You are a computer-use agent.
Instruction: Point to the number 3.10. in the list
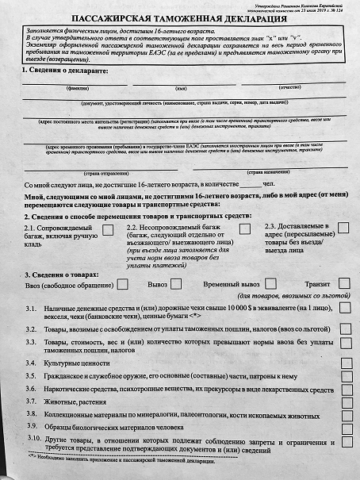[x=34, y=439]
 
